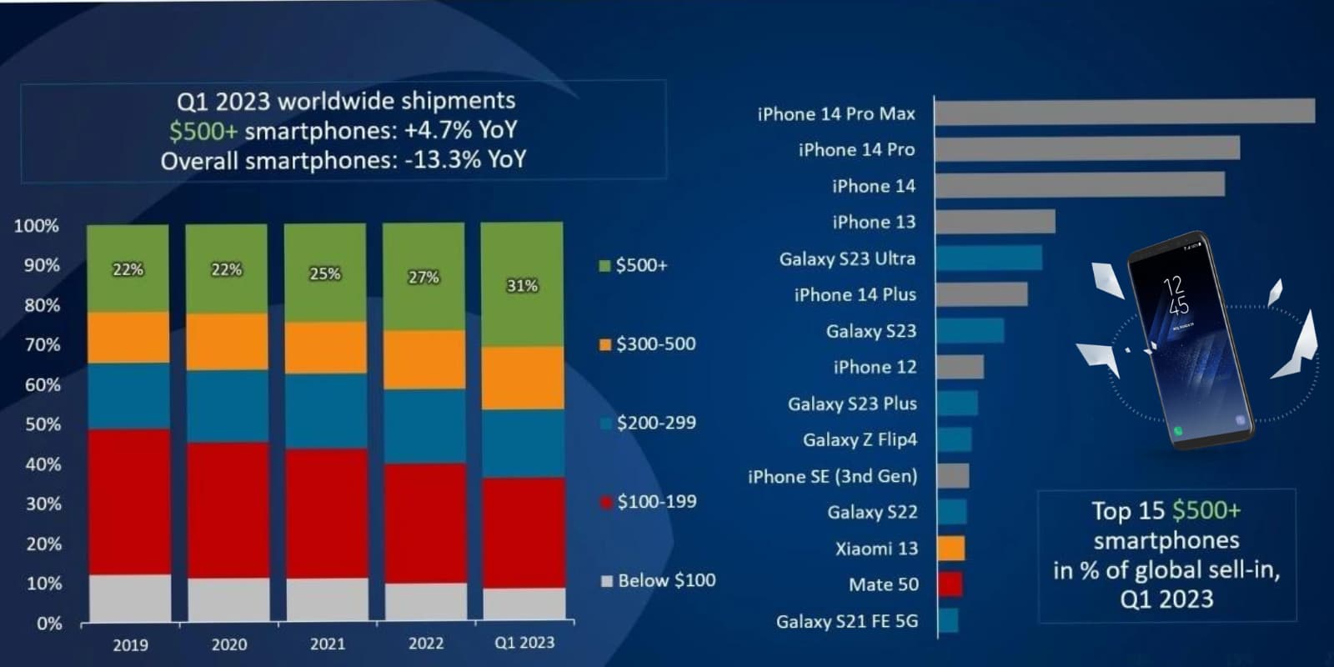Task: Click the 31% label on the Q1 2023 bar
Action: [x=522, y=286]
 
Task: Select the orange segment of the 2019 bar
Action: [x=128, y=338]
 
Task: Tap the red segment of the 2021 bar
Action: [x=325, y=513]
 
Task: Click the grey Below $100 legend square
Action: [x=607, y=581]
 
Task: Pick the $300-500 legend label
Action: [x=655, y=344]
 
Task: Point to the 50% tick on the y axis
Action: [x=43, y=424]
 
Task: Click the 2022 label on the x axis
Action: [x=425, y=644]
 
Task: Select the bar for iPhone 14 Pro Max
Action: [x=1124, y=112]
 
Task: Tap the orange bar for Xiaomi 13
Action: [x=951, y=548]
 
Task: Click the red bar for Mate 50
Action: [x=950, y=584]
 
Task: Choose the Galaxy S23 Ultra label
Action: [x=847, y=258]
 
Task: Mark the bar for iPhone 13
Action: [x=995, y=222]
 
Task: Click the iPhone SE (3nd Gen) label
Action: [x=832, y=476]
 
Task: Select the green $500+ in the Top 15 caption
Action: [x=1206, y=510]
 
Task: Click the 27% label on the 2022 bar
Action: [x=424, y=278]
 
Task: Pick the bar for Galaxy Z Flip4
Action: [x=955, y=439]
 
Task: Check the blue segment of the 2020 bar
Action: [x=227, y=406]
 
